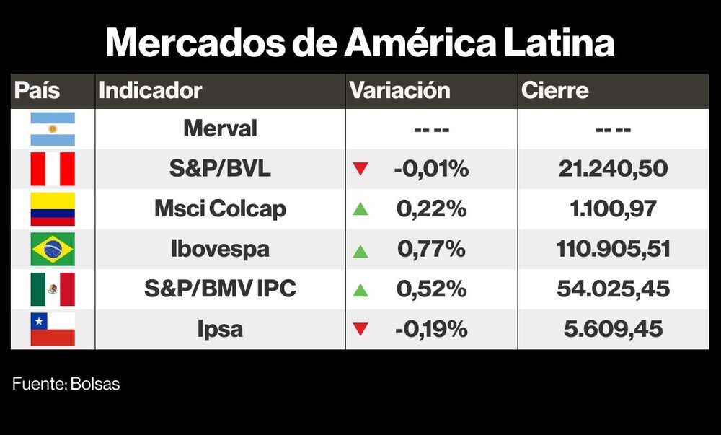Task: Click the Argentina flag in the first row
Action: (53, 129)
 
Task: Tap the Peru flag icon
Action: (53, 170)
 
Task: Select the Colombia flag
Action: (53, 209)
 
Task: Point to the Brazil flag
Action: (53, 250)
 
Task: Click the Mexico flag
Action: (53, 289)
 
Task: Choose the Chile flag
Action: (53, 329)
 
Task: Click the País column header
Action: (37, 91)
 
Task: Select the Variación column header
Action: (399, 91)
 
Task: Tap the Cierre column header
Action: (554, 91)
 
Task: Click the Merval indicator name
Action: (220, 129)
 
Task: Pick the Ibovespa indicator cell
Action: (220, 250)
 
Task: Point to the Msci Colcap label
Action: (220, 209)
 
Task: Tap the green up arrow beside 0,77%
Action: (360, 251)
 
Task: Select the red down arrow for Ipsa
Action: (360, 330)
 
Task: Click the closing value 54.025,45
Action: (613, 289)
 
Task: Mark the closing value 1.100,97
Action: (613, 209)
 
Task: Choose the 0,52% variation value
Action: (431, 289)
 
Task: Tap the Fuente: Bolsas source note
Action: (66, 385)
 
